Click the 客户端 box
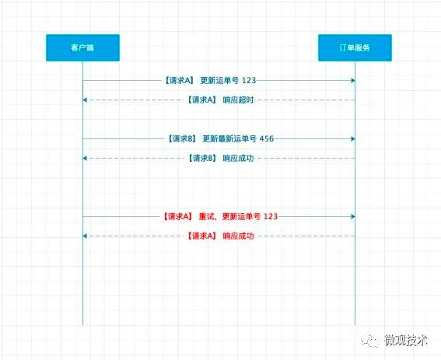click(x=82, y=47)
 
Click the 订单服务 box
click(x=355, y=47)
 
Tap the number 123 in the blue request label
click(x=249, y=80)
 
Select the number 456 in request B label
click(x=266, y=138)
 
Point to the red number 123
click(x=271, y=216)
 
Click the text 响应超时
click(x=238, y=100)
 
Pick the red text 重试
click(x=206, y=216)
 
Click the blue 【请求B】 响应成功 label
click(x=221, y=158)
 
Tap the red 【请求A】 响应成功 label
click(x=221, y=236)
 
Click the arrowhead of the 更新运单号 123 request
click(x=352, y=81)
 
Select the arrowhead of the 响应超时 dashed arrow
click(x=85, y=100)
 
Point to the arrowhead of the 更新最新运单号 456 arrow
click(x=352, y=138)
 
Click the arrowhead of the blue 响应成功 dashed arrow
click(x=85, y=159)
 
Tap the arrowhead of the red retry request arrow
click(x=352, y=217)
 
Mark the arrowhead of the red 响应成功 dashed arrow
click(x=85, y=236)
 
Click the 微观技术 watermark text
click(x=406, y=340)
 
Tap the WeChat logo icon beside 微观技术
click(x=371, y=341)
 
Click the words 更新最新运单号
click(x=229, y=138)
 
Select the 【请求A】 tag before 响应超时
click(x=202, y=100)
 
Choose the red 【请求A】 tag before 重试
click(x=178, y=216)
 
